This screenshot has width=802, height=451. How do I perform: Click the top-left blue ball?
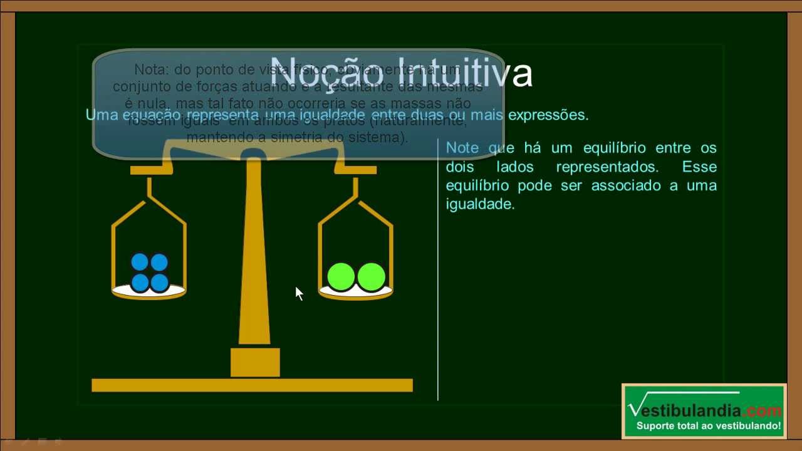pos(140,262)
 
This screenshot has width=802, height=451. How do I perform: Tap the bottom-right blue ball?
pos(159,283)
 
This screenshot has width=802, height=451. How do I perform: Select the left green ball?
pos(341,277)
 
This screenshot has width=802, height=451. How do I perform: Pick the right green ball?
pos(371,277)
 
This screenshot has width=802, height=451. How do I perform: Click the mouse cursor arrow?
pos(298,293)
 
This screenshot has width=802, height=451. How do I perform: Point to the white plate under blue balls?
pos(148,292)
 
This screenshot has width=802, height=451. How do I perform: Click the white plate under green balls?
pos(355,292)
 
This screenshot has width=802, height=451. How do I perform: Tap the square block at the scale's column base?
pos(255,362)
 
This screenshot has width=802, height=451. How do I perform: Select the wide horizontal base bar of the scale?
pos(252,385)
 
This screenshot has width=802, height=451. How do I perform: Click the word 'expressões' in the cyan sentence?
pos(548,115)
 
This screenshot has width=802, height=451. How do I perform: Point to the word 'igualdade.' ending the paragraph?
pos(480,204)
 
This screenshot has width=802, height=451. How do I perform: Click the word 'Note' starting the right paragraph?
pos(462,148)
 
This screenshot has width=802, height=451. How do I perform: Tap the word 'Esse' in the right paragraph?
pos(699,167)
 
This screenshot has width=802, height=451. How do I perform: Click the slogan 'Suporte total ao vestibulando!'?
pos(709,427)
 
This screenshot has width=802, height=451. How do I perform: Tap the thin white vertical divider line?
pos(438,269)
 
